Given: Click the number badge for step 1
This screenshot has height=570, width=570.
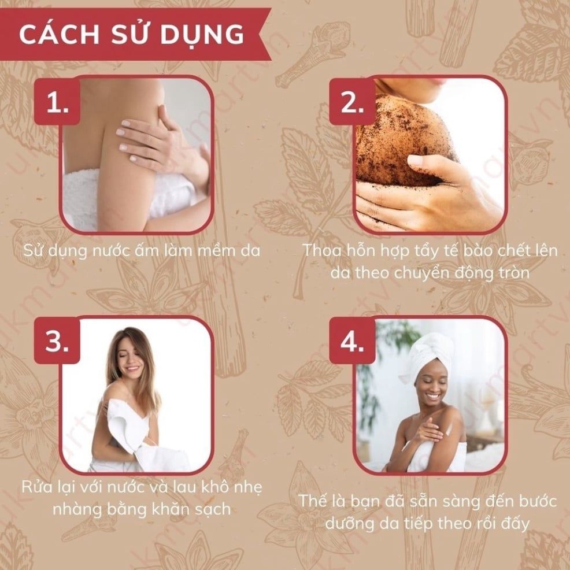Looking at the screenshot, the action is [57, 102].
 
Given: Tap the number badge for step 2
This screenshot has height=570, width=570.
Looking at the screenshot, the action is [352, 102].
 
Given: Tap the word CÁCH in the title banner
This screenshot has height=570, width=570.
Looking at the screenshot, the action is [59, 35].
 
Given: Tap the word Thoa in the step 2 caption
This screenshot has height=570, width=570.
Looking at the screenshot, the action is [321, 250].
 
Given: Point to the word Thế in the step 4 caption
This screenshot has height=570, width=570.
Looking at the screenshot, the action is [312, 501].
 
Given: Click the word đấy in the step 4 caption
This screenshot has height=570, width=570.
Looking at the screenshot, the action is [513, 523].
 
